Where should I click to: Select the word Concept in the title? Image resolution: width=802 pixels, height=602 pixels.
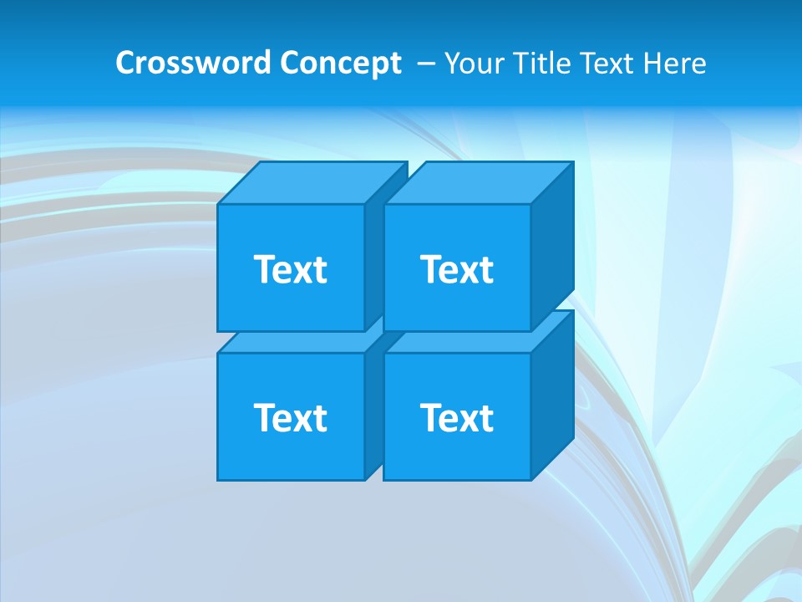(340, 64)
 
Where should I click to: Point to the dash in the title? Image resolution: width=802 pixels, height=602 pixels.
(424, 64)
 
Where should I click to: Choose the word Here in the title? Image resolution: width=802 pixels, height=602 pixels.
(676, 64)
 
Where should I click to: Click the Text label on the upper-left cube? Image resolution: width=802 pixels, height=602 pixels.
(291, 269)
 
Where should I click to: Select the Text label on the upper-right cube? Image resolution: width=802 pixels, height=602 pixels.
(457, 269)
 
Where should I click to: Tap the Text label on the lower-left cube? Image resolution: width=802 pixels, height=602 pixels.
(291, 417)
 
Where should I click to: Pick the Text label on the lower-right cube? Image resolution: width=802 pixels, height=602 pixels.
(457, 417)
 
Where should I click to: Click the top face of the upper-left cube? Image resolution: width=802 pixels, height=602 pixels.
(301, 183)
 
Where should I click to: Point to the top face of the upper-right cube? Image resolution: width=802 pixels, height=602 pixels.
(476, 183)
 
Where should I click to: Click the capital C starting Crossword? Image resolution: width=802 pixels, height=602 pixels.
(125, 64)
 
